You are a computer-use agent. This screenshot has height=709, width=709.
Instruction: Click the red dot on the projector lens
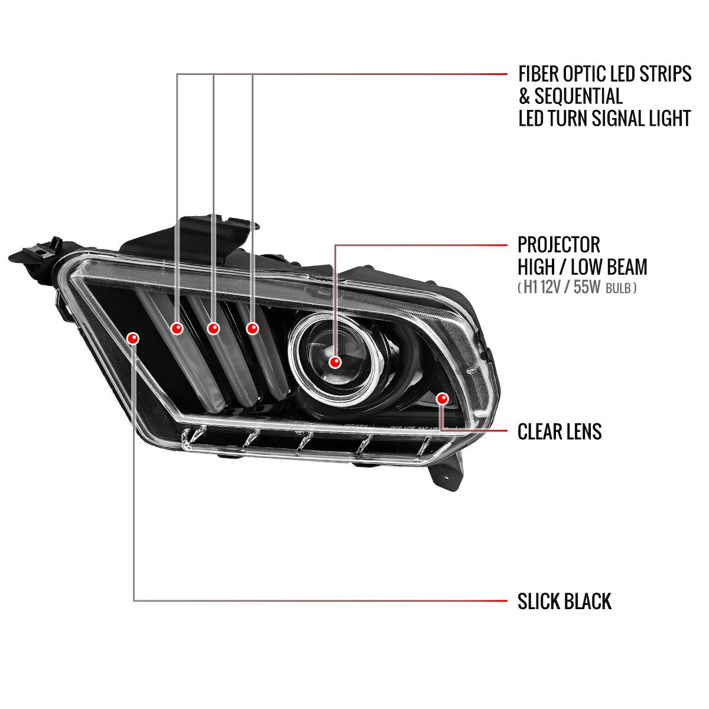tap(336, 362)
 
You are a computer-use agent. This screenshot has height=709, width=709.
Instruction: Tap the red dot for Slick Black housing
tap(133, 338)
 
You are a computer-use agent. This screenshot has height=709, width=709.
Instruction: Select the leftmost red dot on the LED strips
tap(177, 328)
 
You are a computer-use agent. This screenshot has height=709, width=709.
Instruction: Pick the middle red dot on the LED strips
tap(213, 328)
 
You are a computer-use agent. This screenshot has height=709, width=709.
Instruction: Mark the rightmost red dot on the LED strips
tap(252, 328)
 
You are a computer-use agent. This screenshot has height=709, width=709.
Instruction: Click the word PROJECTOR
tap(558, 245)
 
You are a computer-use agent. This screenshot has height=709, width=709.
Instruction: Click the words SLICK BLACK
tap(564, 601)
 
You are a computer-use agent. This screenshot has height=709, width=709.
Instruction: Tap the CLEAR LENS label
tap(559, 432)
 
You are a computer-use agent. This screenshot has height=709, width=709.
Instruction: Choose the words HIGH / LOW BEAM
tap(582, 267)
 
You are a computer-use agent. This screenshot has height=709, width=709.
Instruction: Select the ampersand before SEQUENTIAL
tap(524, 96)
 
